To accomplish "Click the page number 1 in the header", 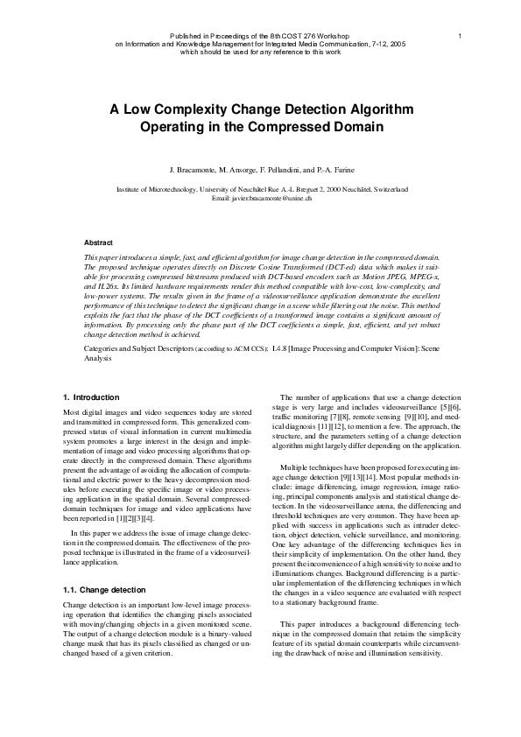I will (459, 35).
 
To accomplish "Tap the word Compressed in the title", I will (305, 127).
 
